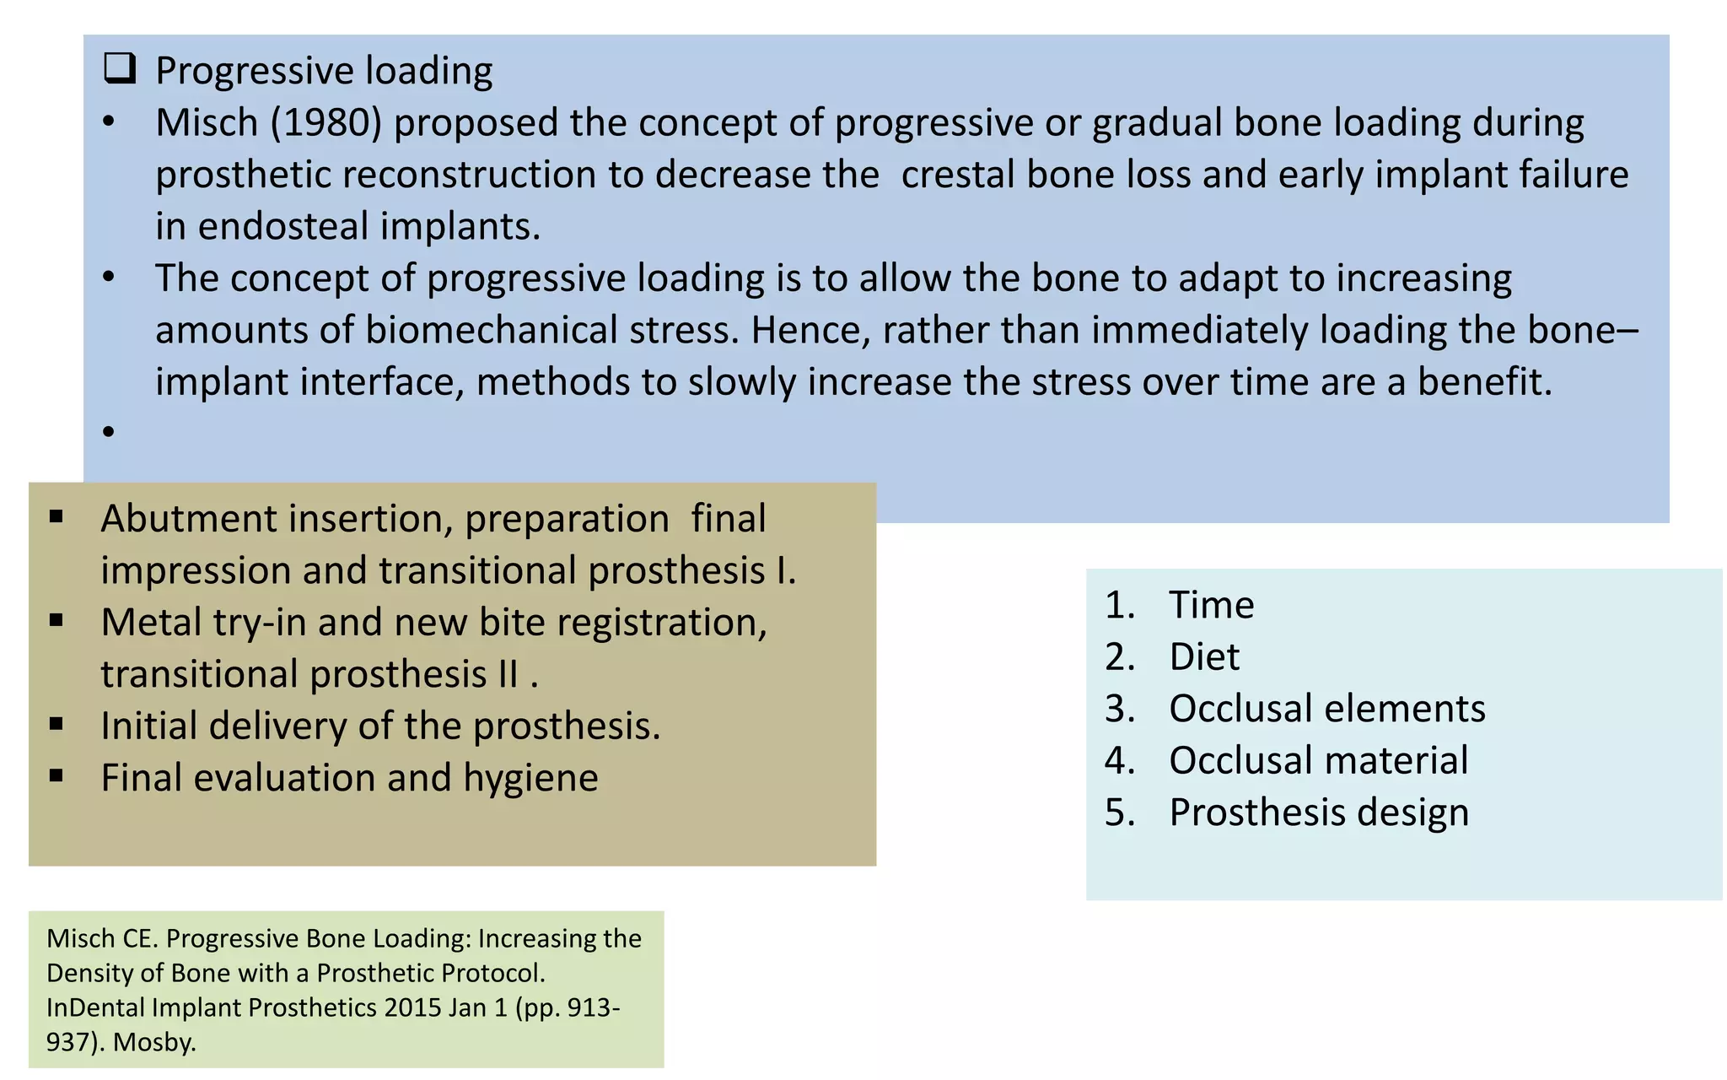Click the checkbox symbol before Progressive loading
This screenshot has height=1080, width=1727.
click(x=120, y=68)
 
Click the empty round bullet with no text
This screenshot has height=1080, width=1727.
click(x=109, y=432)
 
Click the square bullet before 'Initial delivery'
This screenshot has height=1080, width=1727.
click(x=56, y=724)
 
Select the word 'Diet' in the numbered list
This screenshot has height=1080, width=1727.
click(x=1204, y=657)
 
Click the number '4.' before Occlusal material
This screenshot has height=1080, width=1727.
click(x=1120, y=761)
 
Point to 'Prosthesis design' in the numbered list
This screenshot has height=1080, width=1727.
click(x=1318, y=813)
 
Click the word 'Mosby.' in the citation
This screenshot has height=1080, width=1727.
click(x=154, y=1042)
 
